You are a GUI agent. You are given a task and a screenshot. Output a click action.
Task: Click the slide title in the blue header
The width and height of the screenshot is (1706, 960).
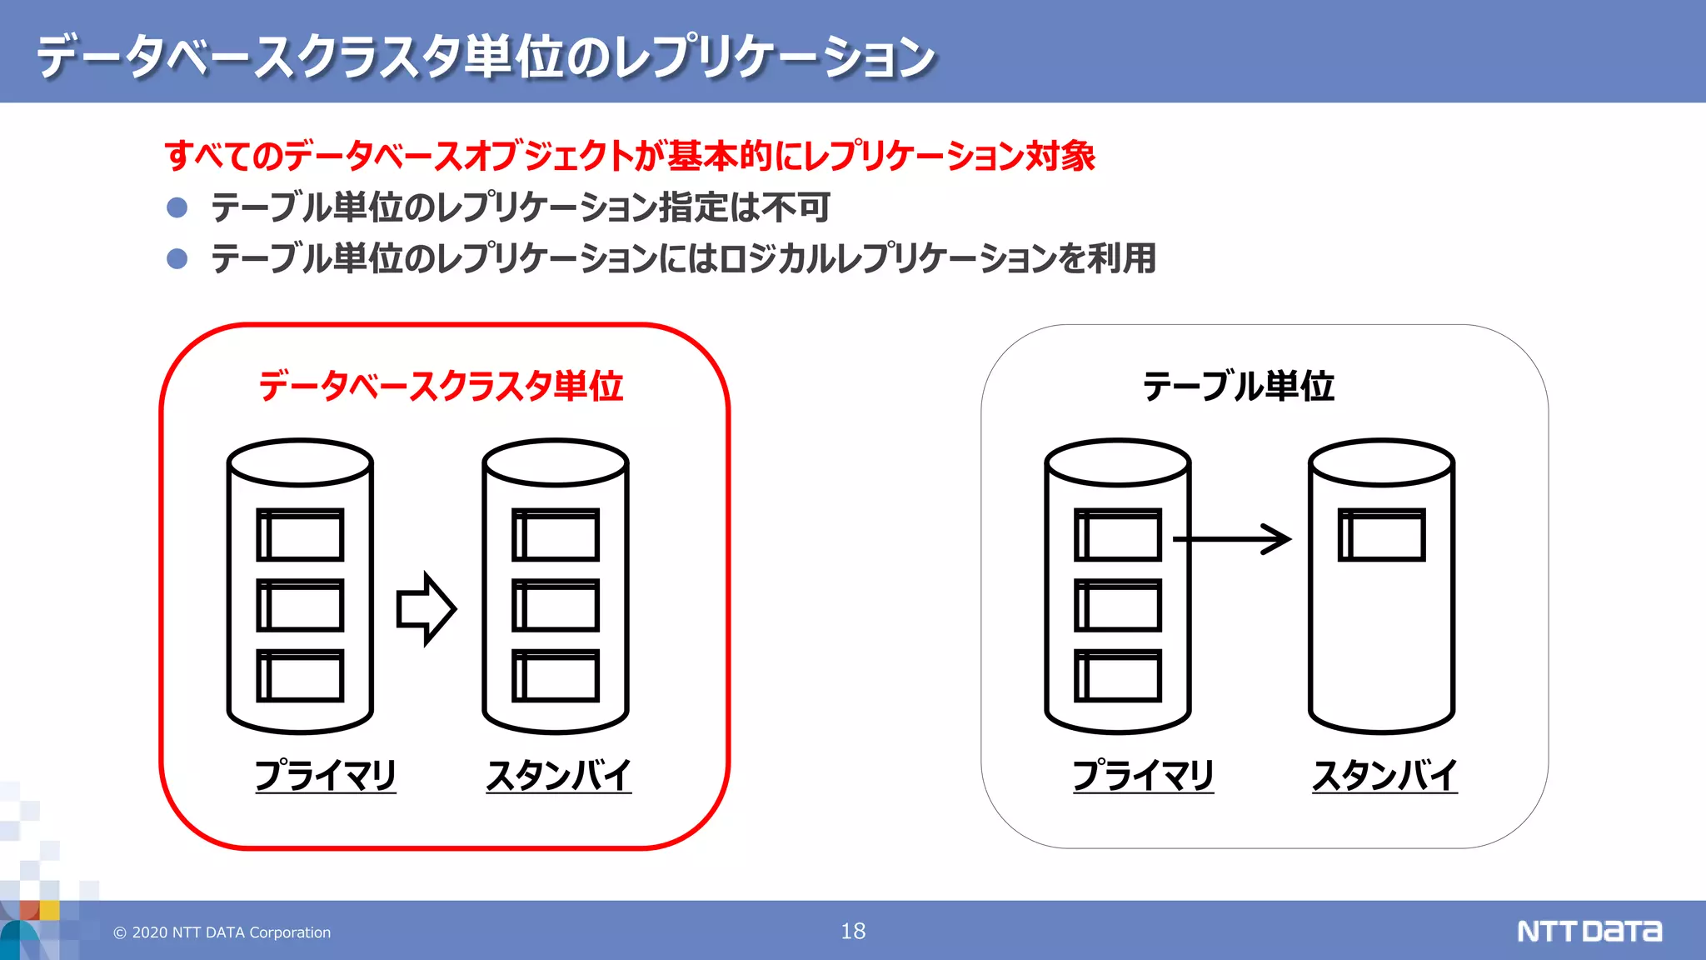pos(486,57)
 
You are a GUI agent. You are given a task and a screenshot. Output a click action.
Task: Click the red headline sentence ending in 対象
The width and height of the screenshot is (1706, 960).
pos(630,156)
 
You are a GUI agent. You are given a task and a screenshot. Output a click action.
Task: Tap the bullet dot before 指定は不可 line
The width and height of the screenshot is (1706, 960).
pos(177,207)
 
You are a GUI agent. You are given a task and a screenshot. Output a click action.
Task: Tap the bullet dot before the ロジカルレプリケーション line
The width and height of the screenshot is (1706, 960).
pos(177,258)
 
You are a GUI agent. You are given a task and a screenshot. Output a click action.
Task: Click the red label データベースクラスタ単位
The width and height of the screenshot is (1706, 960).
pos(441,386)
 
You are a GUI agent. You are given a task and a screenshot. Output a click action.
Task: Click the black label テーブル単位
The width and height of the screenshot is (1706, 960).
pos(1239,386)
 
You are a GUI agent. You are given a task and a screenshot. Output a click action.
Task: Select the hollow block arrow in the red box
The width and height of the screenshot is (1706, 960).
pos(426,608)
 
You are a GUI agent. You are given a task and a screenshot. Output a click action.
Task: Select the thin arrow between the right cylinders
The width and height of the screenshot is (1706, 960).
pos(1233,539)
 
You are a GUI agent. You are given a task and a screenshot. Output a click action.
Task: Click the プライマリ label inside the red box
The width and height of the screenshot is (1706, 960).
pos(326,775)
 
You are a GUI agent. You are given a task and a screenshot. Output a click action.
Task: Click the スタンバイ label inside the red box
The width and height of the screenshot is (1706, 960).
pos(559,775)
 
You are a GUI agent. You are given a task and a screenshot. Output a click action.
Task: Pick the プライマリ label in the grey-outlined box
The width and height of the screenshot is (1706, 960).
pos(1143,775)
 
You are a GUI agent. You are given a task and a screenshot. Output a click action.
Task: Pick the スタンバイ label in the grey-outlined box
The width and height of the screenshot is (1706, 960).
pos(1384,775)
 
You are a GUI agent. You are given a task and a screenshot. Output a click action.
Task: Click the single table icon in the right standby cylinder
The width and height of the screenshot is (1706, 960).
pos(1381,535)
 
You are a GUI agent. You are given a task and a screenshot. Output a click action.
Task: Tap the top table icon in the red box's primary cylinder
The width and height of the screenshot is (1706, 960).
pos(300,535)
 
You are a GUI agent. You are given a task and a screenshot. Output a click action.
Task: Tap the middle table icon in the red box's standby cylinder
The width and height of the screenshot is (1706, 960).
pos(556,605)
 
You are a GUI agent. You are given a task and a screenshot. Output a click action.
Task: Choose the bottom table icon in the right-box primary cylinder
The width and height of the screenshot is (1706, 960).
pos(1118,676)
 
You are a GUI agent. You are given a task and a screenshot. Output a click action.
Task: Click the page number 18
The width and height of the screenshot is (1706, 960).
pos(853,931)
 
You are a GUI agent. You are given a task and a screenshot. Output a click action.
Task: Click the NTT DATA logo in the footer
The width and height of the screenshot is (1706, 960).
pos(1589,931)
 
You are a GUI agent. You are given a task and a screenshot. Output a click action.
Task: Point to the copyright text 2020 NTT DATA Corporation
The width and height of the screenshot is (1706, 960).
pos(222,932)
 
